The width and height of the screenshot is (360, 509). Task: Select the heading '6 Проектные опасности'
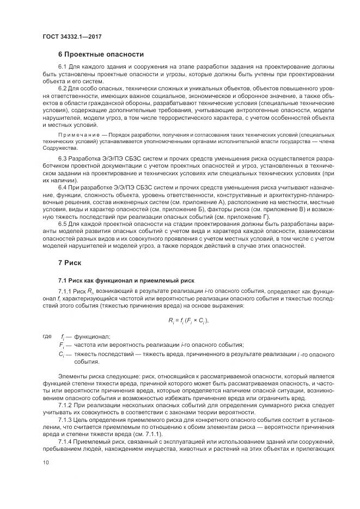(101, 54)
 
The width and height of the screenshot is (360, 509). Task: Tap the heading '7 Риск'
(70, 262)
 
